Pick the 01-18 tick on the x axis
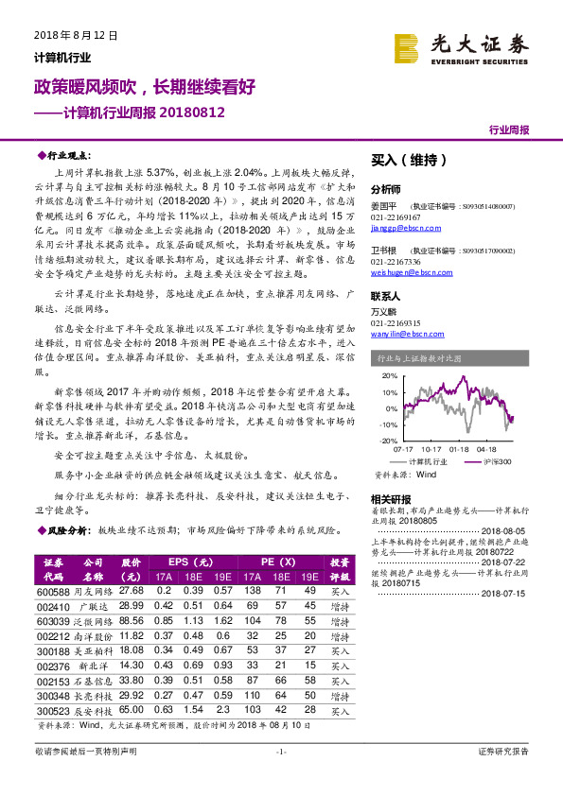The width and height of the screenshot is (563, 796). pyautogui.click(x=460, y=450)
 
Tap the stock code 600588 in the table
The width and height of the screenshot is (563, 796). pyautogui.click(x=54, y=590)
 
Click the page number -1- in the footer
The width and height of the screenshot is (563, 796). pyautogui.click(x=280, y=777)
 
